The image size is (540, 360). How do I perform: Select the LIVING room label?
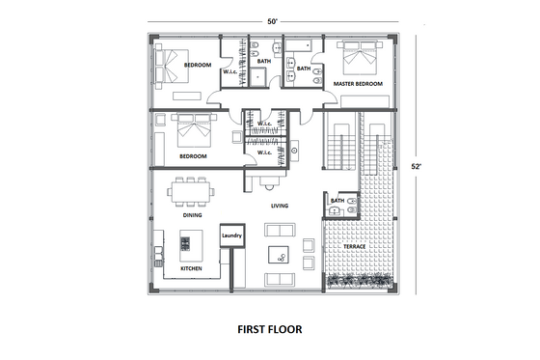(281, 206)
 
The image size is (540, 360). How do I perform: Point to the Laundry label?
(231, 235)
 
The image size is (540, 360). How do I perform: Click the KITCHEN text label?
(192, 268)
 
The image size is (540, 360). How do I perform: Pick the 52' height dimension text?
(417, 166)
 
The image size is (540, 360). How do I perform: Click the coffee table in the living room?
(281, 254)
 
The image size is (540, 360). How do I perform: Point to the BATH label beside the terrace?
(337, 201)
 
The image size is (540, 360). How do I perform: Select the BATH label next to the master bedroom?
(303, 69)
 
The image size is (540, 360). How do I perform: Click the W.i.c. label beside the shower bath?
(230, 71)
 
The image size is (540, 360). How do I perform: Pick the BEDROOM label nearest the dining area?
(194, 155)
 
